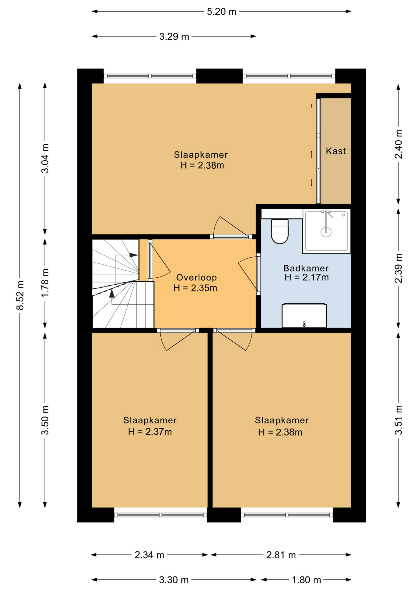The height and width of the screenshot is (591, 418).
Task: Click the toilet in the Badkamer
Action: click(x=279, y=231)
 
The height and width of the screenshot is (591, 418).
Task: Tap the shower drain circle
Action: click(x=326, y=232)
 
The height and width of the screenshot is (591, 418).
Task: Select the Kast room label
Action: click(x=336, y=151)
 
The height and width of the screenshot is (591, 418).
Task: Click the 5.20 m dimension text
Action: click(x=222, y=12)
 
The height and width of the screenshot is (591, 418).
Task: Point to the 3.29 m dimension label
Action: click(x=174, y=37)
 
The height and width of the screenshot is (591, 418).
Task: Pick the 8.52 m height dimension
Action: click(x=20, y=295)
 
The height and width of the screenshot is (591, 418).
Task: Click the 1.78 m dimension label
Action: click(x=45, y=283)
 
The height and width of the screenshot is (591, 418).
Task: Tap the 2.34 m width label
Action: click(x=149, y=555)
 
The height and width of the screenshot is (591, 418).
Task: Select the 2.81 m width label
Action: click(x=281, y=555)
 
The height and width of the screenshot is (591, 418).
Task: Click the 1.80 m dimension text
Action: click(x=307, y=580)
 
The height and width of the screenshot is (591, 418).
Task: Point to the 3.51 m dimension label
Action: click(x=399, y=420)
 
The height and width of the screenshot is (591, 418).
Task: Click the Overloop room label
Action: click(x=196, y=278)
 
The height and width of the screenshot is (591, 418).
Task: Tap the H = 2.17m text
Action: click(x=307, y=277)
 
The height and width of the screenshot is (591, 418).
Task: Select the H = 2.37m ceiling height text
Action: click(x=150, y=432)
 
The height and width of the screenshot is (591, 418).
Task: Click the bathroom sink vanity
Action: click(x=304, y=316)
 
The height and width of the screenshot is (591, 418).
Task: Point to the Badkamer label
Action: click(x=306, y=268)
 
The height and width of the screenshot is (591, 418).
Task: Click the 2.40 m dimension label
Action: click(x=399, y=144)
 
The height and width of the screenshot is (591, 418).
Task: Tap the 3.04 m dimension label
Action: click(x=45, y=158)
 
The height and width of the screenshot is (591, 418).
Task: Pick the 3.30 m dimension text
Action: click(x=174, y=580)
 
